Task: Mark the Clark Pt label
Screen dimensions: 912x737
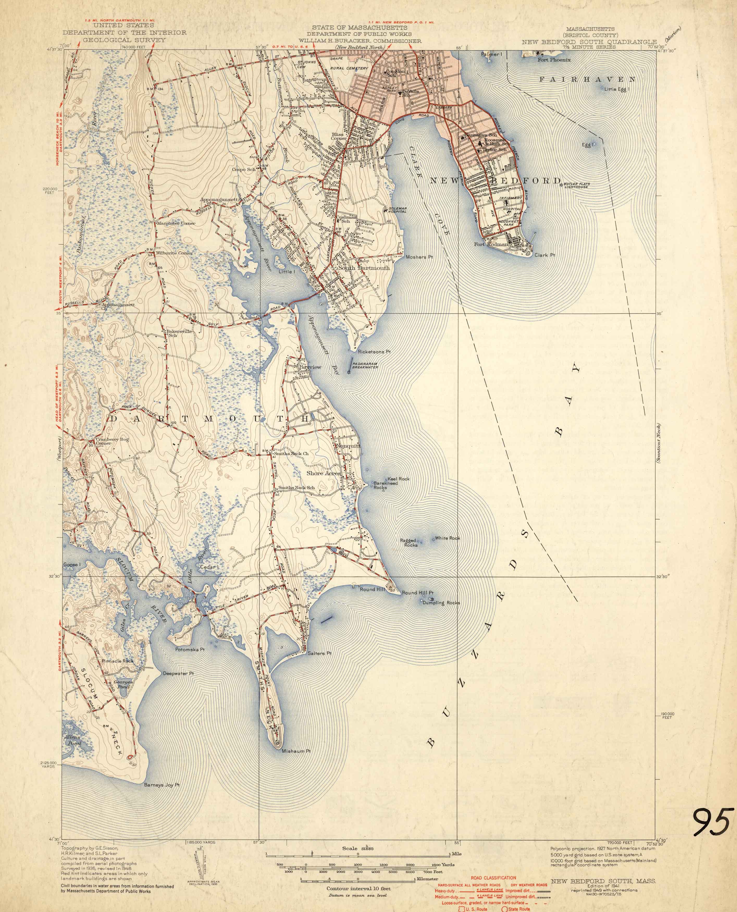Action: pyautogui.click(x=545, y=255)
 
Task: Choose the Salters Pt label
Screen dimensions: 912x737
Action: pyautogui.click(x=320, y=653)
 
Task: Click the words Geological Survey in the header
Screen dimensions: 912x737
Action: pyautogui.click(x=124, y=40)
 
